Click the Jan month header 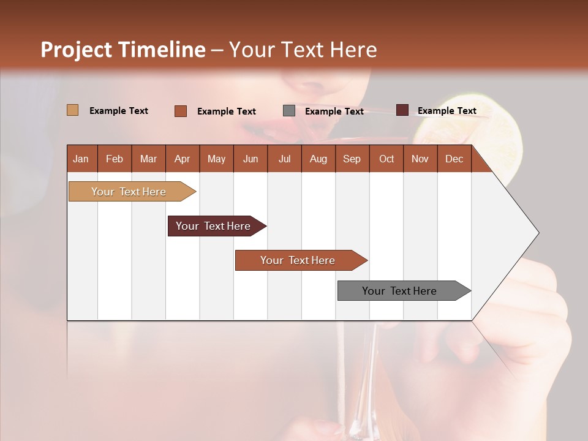click(x=81, y=159)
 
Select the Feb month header click(x=115, y=159)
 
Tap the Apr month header click(x=182, y=159)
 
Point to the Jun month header click(x=251, y=159)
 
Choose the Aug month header click(x=318, y=159)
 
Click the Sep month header click(x=352, y=159)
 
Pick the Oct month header click(x=386, y=159)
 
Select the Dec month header click(x=454, y=159)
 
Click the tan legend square click(x=72, y=110)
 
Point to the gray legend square click(x=289, y=111)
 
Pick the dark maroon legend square click(x=402, y=110)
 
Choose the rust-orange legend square click(x=181, y=111)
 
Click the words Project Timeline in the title click(x=123, y=50)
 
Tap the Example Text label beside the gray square click(x=334, y=111)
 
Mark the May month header click(x=216, y=159)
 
